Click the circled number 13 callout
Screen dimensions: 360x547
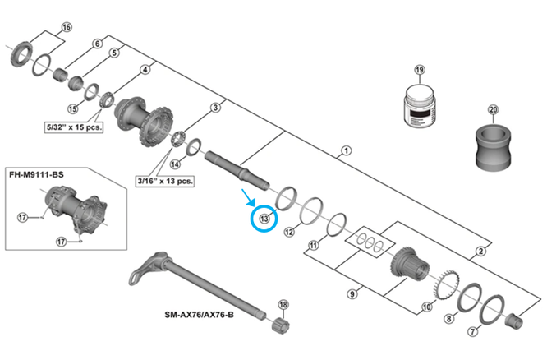[264, 218]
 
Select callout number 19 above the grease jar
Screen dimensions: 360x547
[420, 70]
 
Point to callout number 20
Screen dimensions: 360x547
[493, 109]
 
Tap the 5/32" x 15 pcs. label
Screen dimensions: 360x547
[73, 128]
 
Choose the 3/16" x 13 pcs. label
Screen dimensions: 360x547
[163, 179]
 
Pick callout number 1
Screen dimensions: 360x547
[346, 151]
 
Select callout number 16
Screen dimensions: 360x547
[67, 28]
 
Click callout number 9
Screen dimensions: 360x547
[351, 292]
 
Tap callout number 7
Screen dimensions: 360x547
[471, 331]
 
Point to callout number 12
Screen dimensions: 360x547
[289, 233]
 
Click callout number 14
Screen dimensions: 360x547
[174, 164]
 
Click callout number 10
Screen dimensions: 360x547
[425, 309]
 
